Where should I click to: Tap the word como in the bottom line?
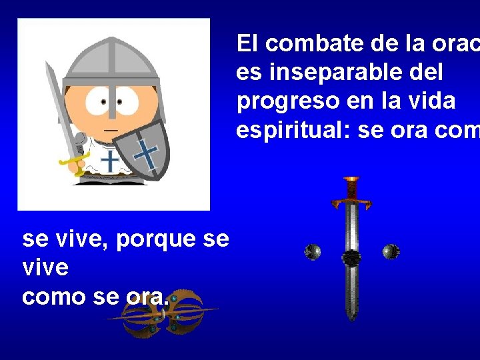click(x=49, y=297)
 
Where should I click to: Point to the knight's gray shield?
click(x=141, y=149)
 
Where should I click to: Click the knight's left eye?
click(x=103, y=101)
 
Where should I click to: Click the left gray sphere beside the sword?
click(x=313, y=252)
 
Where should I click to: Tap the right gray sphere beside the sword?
click(x=391, y=251)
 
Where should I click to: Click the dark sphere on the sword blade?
click(x=351, y=258)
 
